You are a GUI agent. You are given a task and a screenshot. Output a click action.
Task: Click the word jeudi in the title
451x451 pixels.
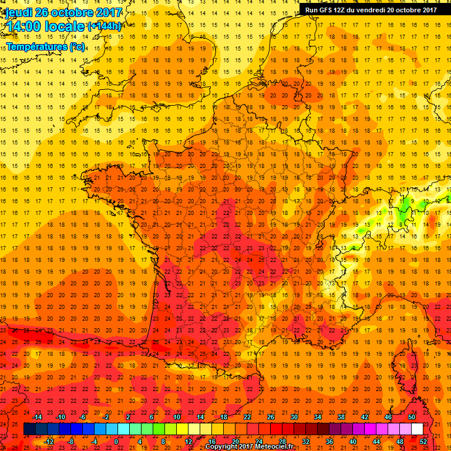coord(19,12)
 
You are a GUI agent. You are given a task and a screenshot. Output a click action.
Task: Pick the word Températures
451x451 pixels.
coord(36,46)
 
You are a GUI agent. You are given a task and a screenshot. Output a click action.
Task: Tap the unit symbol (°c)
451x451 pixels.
coord(77,46)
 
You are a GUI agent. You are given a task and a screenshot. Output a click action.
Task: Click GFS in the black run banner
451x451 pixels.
coord(326,9)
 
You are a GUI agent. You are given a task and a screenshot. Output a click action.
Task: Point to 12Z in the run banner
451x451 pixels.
coord(342,9)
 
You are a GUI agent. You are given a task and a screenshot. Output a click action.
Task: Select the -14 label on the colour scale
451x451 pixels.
coord(38,417)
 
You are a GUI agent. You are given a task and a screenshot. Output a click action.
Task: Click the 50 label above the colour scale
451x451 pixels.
coord(412,417)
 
